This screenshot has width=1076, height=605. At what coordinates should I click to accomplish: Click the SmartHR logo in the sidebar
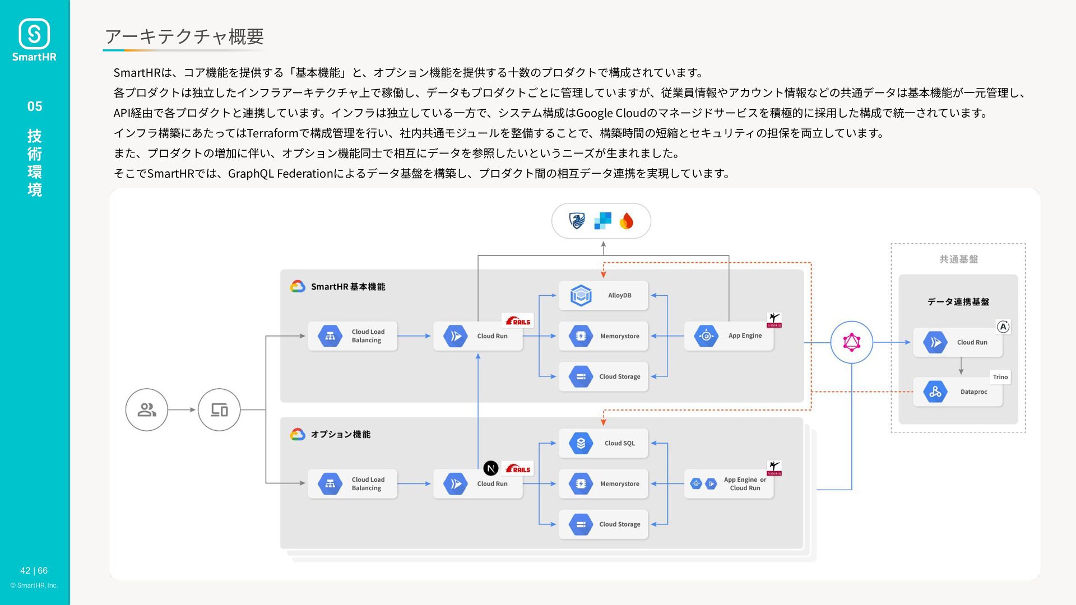34,39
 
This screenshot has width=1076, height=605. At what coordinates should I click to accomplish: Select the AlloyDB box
604,295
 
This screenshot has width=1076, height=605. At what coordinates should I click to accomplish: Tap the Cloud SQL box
604,443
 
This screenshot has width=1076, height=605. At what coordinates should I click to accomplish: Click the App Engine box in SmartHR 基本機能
729,336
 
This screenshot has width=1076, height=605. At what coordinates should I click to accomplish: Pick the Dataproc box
958,392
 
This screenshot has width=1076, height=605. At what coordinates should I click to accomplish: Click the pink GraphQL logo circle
851,342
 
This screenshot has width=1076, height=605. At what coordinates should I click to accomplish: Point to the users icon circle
147,410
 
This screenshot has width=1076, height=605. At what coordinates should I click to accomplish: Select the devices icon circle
219,410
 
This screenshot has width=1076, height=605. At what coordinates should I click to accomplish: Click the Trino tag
1000,377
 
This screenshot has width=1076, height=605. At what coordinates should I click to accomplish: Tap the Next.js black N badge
491,468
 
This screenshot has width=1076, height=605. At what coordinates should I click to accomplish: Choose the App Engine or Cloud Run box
729,484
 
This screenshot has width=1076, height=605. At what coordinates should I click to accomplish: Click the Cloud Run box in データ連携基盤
958,342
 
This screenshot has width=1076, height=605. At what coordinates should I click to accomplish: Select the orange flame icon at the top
627,221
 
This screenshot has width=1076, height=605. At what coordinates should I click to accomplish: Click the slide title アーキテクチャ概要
184,36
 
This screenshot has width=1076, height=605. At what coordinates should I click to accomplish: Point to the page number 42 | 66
34,571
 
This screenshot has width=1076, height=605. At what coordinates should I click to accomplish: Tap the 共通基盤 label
959,259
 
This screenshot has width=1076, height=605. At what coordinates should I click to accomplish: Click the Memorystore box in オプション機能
604,484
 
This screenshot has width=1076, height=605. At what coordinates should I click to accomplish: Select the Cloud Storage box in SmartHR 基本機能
604,376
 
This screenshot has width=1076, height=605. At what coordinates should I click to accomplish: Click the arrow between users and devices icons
182,410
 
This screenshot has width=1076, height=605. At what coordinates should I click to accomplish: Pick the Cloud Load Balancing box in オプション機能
353,484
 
